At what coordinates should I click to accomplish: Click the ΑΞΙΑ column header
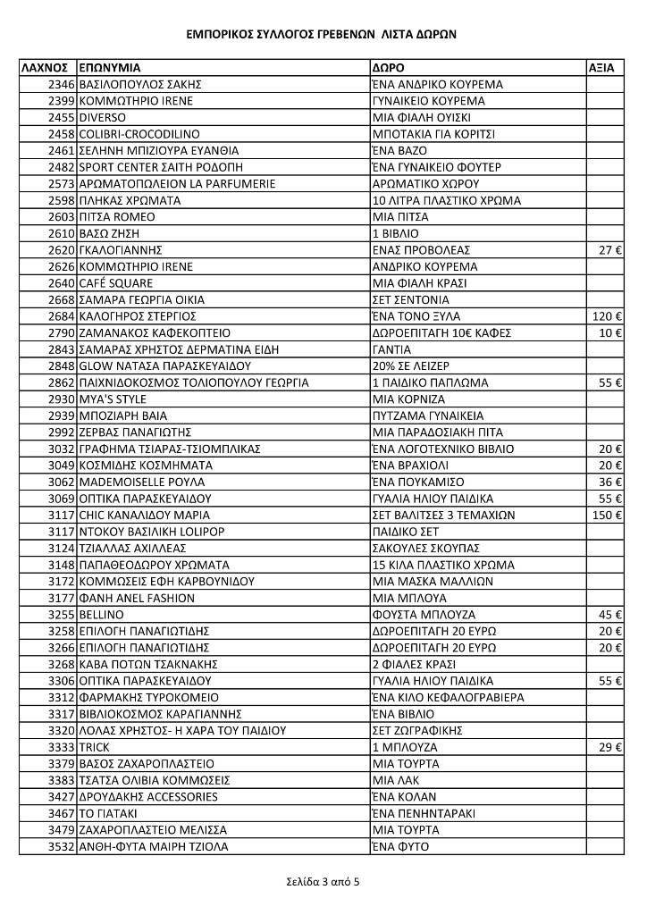point(601,68)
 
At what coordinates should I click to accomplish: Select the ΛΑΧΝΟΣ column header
point(45,68)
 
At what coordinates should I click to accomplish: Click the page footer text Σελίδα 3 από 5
point(323,882)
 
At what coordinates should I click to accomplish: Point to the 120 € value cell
point(608,316)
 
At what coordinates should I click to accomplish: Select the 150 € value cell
point(608,515)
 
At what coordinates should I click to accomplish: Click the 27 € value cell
point(611,250)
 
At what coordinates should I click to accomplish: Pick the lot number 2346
point(61,85)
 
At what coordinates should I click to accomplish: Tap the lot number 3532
point(61,846)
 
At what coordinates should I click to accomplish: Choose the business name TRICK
point(94,747)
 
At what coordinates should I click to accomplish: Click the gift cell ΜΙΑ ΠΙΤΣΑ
point(399,217)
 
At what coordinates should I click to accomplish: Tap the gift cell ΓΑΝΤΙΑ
point(391,349)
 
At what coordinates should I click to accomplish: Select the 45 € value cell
point(611,615)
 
